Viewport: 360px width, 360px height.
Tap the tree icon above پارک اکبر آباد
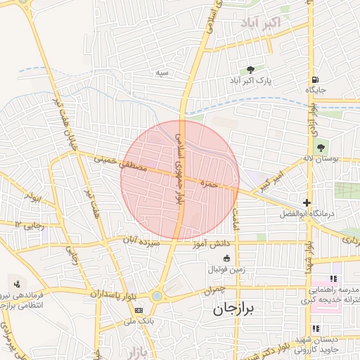pyautogui.click(x=250, y=70)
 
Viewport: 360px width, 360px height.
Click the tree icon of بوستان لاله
pyautogui.click(x=321, y=148)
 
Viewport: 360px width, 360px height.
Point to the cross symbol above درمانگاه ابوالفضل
pyautogui.click(x=307, y=202)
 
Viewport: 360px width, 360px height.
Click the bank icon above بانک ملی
pyautogui.click(x=139, y=309)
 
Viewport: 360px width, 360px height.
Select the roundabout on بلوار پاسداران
pyautogui.click(x=156, y=297)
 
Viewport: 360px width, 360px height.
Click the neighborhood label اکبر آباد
pyautogui.click(x=261, y=24)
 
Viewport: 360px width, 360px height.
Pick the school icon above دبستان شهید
pyautogui.click(x=316, y=328)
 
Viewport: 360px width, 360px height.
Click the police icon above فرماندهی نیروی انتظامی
pyautogui.click(x=15, y=284)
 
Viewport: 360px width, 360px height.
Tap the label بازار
pyautogui.click(x=131, y=350)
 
